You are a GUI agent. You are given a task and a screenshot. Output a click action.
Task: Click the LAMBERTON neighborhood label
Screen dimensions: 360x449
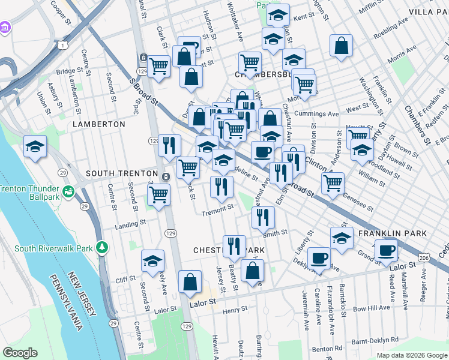point(98,124)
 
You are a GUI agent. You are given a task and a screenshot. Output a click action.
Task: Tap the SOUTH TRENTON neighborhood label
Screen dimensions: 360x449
point(124,173)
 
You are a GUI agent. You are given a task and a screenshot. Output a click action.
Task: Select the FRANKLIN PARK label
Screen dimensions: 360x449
point(392,233)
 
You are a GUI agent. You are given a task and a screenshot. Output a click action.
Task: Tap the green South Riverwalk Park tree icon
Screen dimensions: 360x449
point(103,247)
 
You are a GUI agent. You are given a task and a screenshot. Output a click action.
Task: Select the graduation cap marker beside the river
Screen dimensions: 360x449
point(35,146)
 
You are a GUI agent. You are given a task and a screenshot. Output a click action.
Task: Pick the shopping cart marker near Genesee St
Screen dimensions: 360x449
point(333,184)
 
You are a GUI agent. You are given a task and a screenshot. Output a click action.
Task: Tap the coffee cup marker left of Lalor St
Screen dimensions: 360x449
point(386,250)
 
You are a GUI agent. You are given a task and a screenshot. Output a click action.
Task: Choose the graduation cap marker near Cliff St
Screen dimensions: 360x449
point(153,261)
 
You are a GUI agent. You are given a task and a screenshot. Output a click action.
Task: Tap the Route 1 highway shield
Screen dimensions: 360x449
point(62,46)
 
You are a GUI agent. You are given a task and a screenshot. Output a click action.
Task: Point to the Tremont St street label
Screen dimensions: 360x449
point(217,211)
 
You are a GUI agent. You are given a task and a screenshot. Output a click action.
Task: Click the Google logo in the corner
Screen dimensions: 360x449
point(20,353)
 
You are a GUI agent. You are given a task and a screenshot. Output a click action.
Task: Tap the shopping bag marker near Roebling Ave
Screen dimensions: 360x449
point(341,46)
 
